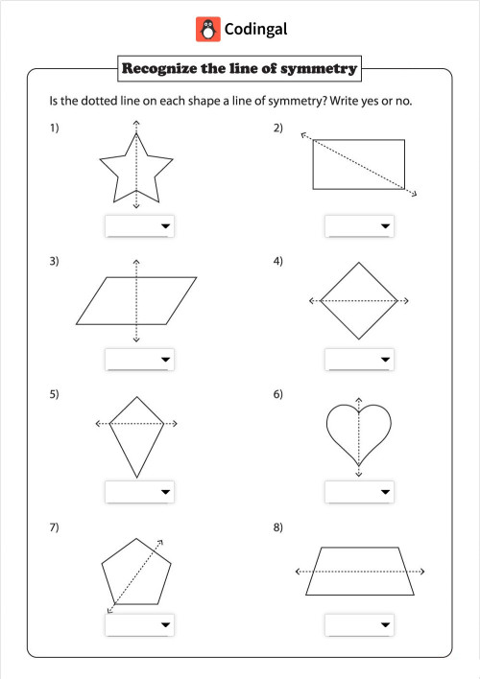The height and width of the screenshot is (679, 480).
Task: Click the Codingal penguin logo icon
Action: point(207,29)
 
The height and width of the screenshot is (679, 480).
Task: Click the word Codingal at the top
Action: point(255,30)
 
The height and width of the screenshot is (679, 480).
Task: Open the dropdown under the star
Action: point(139,226)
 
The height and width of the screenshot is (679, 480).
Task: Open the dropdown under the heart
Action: point(359,492)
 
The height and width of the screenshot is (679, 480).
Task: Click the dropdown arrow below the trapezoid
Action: point(385,625)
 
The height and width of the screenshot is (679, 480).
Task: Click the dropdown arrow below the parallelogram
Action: point(166,360)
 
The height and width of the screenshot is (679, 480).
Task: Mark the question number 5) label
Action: point(55,394)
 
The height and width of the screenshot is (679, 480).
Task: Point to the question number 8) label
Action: point(277,527)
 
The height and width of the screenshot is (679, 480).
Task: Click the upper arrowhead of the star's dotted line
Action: point(136,124)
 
